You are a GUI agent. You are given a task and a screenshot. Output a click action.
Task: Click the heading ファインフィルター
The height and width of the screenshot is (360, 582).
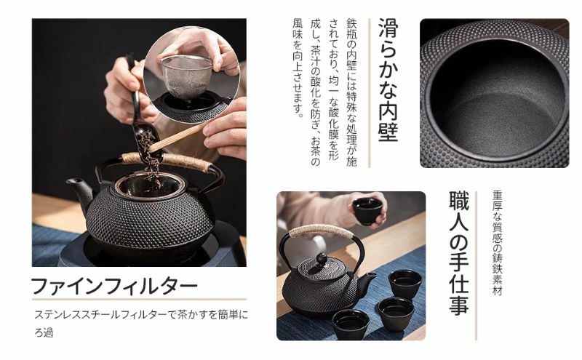coord(114,286)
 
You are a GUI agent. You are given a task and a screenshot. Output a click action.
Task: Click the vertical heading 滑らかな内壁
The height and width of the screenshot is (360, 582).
coord(388,80)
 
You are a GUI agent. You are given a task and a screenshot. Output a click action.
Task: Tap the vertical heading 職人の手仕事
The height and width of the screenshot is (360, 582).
coord(459,253)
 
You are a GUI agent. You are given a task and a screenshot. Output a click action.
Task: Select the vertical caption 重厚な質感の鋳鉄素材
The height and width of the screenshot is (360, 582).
coord(497,243)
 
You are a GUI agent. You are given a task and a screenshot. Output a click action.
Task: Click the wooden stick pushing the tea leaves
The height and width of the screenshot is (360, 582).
coord(178,137)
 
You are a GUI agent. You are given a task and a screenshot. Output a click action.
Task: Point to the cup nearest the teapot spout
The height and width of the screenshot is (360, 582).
coord(405,284)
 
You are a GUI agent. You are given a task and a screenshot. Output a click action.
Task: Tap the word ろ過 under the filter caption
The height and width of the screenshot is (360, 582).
coord(44,332)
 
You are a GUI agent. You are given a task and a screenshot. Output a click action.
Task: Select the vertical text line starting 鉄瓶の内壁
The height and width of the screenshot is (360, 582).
coord(351,93)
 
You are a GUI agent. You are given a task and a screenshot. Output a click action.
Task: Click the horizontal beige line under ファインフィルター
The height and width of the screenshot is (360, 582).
coord(139,299)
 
